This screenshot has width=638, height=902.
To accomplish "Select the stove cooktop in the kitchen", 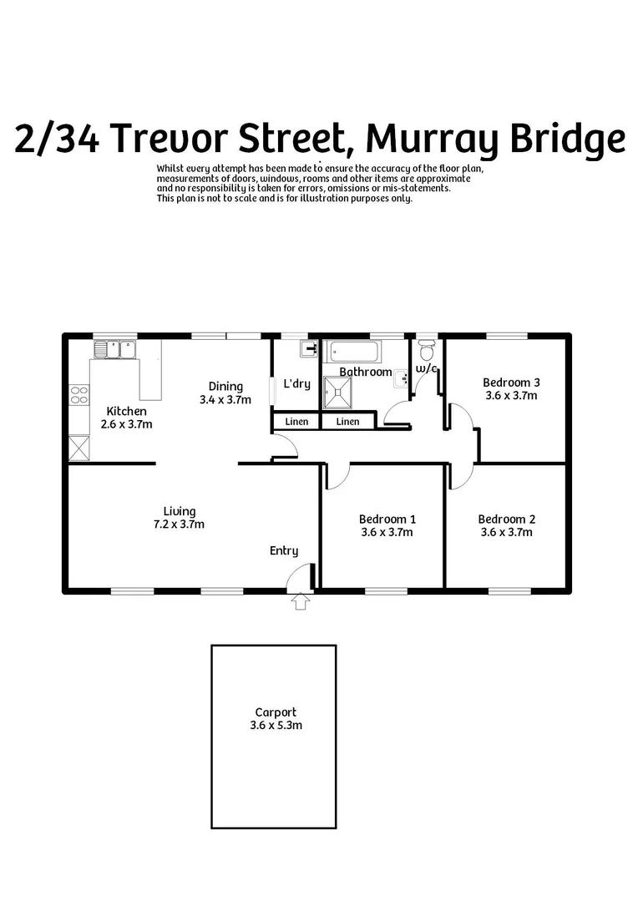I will click(79, 395).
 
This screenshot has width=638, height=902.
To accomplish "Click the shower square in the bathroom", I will click(341, 391).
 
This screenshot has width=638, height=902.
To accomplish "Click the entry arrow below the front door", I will click(301, 600).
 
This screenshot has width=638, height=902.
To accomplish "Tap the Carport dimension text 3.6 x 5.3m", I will click(276, 726).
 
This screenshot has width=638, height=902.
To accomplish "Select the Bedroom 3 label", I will click(505, 383).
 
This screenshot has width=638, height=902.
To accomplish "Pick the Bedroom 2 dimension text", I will click(506, 532).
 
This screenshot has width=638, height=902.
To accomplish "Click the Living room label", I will click(180, 511).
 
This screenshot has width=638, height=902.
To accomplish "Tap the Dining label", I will click(225, 386).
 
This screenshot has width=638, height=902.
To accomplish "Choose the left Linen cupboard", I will click(296, 422).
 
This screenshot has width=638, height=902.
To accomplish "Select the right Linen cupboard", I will click(348, 422).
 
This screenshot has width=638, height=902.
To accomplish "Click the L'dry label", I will click(297, 384).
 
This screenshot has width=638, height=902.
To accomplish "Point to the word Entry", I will click(283, 550).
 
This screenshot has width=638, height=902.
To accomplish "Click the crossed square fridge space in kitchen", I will click(79, 448).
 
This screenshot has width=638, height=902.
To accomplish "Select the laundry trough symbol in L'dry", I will click(310, 349).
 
